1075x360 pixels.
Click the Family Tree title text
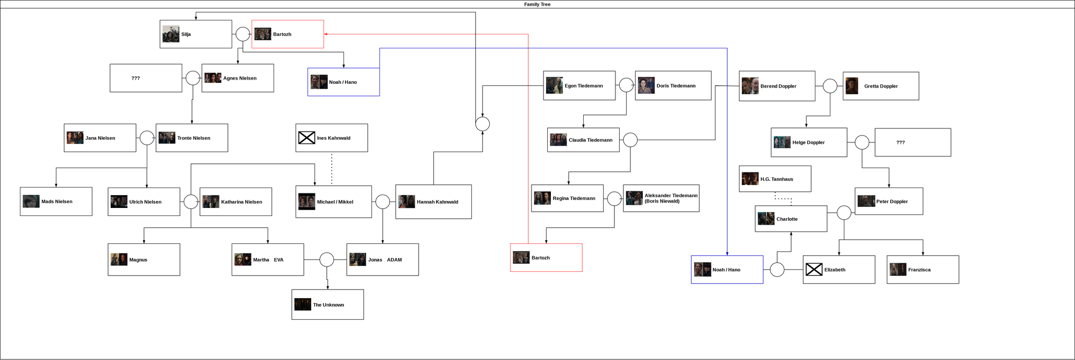[x=537, y=4]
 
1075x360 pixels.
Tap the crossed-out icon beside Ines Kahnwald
[x=306, y=138]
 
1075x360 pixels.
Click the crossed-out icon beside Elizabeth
[x=814, y=270]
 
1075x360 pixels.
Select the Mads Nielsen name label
[x=57, y=201]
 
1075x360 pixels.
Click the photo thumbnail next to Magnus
[x=119, y=260]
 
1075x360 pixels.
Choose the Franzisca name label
[x=919, y=270]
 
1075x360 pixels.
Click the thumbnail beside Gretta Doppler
[x=851, y=86]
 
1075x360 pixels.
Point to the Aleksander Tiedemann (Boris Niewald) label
[x=671, y=198]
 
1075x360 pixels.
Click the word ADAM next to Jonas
[x=395, y=260]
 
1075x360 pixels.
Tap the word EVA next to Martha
[x=278, y=260]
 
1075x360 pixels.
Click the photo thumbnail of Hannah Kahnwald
[x=406, y=201]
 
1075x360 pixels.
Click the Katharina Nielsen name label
[x=242, y=202]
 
